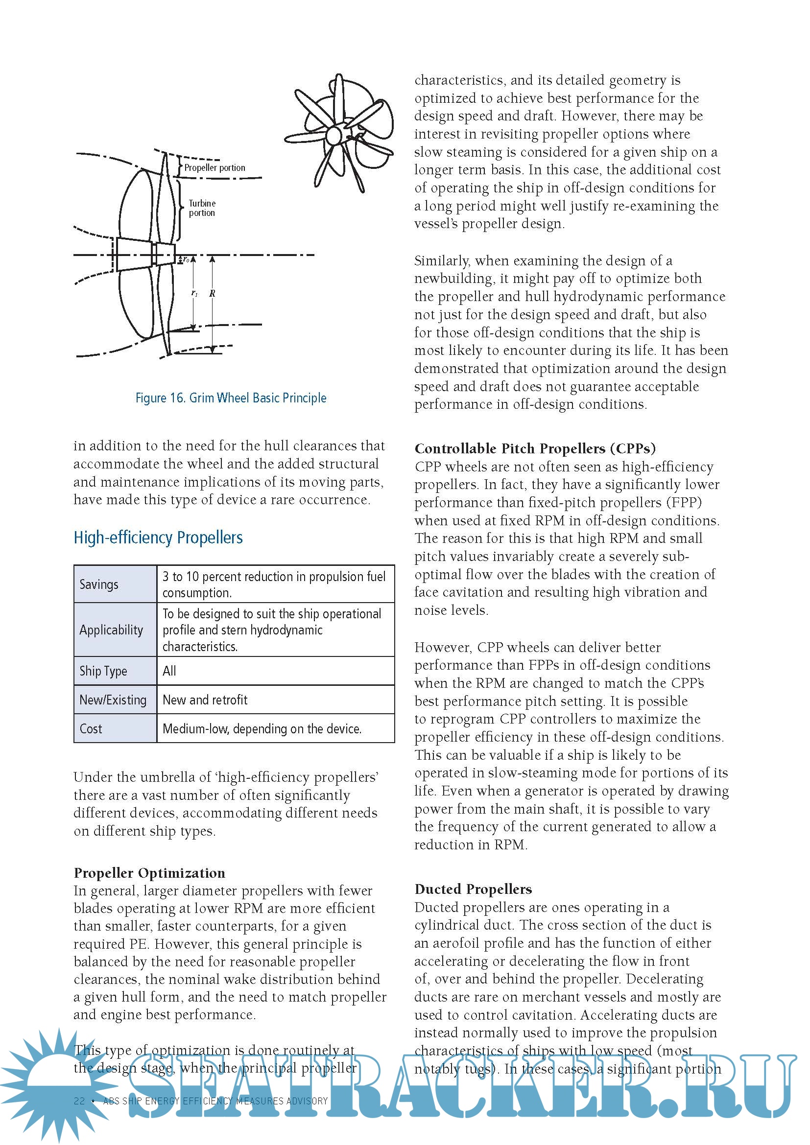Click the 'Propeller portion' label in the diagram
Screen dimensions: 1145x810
coord(214,167)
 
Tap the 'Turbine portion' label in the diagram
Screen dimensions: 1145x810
coord(202,208)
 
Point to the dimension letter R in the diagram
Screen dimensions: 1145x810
coord(213,293)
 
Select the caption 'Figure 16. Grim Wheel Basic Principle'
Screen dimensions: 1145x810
coord(231,398)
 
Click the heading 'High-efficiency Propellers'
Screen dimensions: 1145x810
coord(158,537)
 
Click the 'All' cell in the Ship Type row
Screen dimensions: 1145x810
coord(169,671)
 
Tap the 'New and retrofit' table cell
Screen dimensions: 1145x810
coord(205,700)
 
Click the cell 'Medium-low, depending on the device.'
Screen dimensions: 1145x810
coord(262,728)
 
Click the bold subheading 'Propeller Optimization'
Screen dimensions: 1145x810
coord(149,873)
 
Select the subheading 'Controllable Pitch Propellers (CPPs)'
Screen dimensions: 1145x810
coord(535,448)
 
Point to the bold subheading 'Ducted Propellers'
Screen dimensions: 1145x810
coord(473,889)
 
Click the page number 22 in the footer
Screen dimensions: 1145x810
coord(79,1100)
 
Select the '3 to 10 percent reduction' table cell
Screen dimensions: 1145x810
coord(274,584)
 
